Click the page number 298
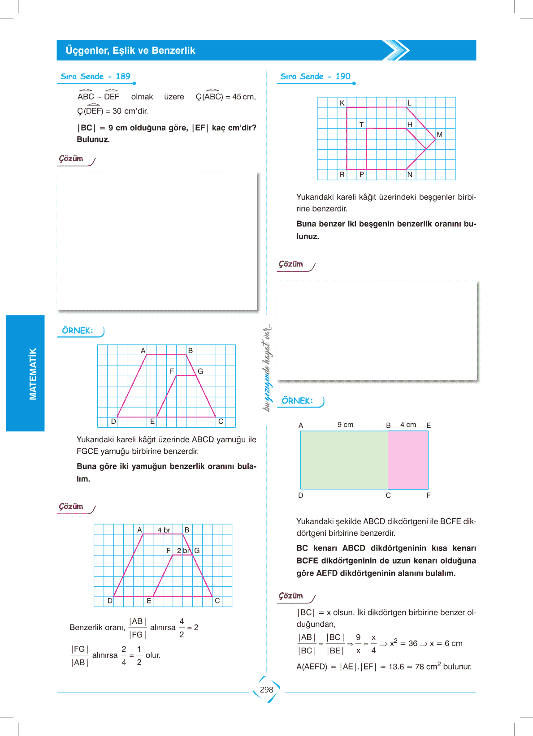(266, 689)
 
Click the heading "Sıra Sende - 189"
(95, 77)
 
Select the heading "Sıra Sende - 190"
(315, 77)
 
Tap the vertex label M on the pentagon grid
(439, 134)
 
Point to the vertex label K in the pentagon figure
(342, 103)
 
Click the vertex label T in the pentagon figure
(361, 125)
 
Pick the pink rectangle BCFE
(408, 460)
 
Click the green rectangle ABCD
(344, 460)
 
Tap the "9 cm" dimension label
(345, 425)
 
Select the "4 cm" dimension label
(408, 425)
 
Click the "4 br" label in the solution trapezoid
(164, 530)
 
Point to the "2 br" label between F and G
(183, 551)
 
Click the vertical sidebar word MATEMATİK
(33, 374)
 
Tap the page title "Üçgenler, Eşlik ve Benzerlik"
(130, 51)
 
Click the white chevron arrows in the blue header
(396, 50)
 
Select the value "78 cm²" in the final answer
(428, 667)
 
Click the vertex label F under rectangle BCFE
(428, 495)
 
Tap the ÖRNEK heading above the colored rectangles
(297, 401)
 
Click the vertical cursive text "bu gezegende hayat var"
(268, 367)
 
